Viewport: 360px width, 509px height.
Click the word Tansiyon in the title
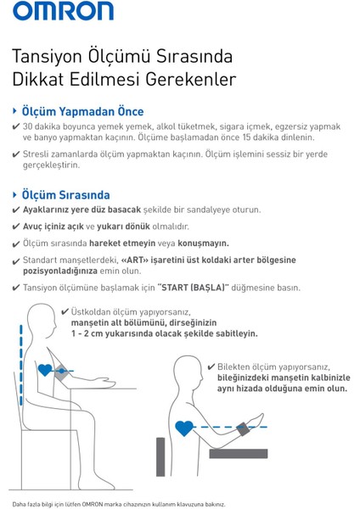coord(44,57)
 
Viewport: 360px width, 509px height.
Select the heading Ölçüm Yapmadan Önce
coord(82,111)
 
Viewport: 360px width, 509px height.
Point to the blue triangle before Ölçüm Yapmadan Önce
coord(14,111)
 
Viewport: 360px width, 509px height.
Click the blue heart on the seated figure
coord(44,371)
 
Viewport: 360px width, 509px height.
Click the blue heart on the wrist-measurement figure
coord(183,428)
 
